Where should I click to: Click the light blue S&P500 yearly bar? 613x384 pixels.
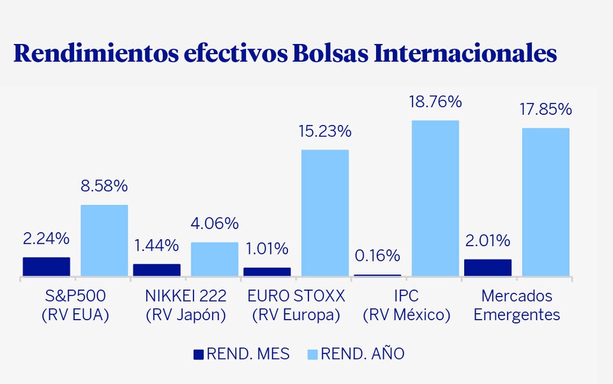(104, 240)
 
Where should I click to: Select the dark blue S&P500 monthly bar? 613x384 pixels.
(47, 267)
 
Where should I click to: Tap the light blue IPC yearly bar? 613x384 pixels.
(435, 198)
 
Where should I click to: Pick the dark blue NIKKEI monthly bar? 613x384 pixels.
(156, 270)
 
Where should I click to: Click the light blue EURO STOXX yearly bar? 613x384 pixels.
(325, 212)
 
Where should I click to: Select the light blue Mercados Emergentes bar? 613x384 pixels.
(545, 202)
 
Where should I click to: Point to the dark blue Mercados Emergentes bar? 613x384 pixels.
(488, 267)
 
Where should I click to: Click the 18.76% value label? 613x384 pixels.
(435, 101)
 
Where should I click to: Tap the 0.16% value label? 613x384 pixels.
(377, 256)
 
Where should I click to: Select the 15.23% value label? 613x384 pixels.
(325, 131)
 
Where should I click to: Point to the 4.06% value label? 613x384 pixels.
(215, 224)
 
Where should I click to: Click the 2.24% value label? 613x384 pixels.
(46, 239)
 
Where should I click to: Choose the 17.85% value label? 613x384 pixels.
(545, 110)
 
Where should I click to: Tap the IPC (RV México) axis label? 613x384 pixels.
(406, 306)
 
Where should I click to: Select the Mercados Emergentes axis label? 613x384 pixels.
(517, 306)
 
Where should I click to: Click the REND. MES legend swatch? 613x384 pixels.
(198, 353)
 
